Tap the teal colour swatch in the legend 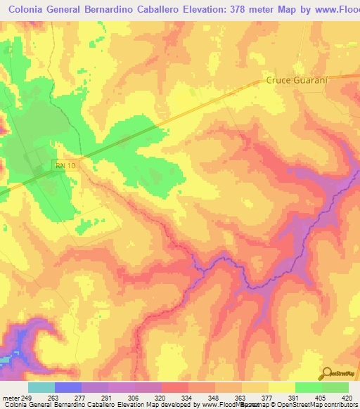(x=41, y=387)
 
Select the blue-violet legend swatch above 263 (x=68, y=387)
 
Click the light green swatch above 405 (x=309, y=387)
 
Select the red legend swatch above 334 (x=175, y=387)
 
